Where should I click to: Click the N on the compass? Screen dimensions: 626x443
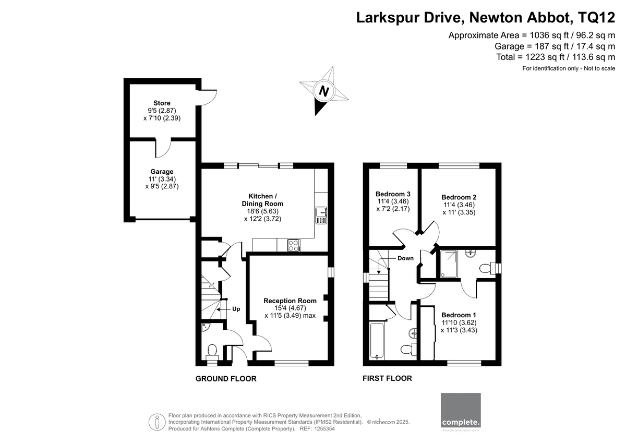[324, 91]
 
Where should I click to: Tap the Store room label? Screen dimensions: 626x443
[162, 103]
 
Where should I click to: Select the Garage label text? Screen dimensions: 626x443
[162, 172]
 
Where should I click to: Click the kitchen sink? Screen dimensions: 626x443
[321, 215]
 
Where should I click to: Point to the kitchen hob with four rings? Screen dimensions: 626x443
[293, 245]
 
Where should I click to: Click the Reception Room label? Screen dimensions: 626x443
[290, 301]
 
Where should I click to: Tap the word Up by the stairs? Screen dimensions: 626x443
[236, 309]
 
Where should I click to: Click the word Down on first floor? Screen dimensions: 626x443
[405, 258]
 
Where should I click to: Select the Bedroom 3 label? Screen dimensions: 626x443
[393, 194]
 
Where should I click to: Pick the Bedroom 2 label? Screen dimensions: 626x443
[459, 197]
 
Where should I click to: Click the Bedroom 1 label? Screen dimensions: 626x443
[459, 315]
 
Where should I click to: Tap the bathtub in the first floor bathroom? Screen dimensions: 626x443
[377, 341]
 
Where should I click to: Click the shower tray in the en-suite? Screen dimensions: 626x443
[449, 264]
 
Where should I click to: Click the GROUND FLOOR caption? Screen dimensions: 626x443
[226, 379]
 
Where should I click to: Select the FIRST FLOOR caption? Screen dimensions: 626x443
[387, 378]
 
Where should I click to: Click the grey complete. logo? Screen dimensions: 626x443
[461, 410]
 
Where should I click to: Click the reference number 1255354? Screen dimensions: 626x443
[324, 429]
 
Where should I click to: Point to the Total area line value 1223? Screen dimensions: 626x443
[535, 57]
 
